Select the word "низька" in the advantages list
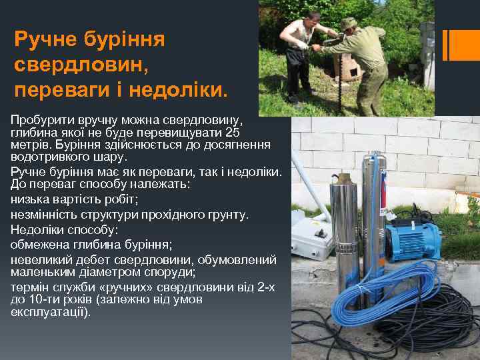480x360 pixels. (29, 199)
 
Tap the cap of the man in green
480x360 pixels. (348, 25)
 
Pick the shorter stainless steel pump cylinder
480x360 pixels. (347, 233)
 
